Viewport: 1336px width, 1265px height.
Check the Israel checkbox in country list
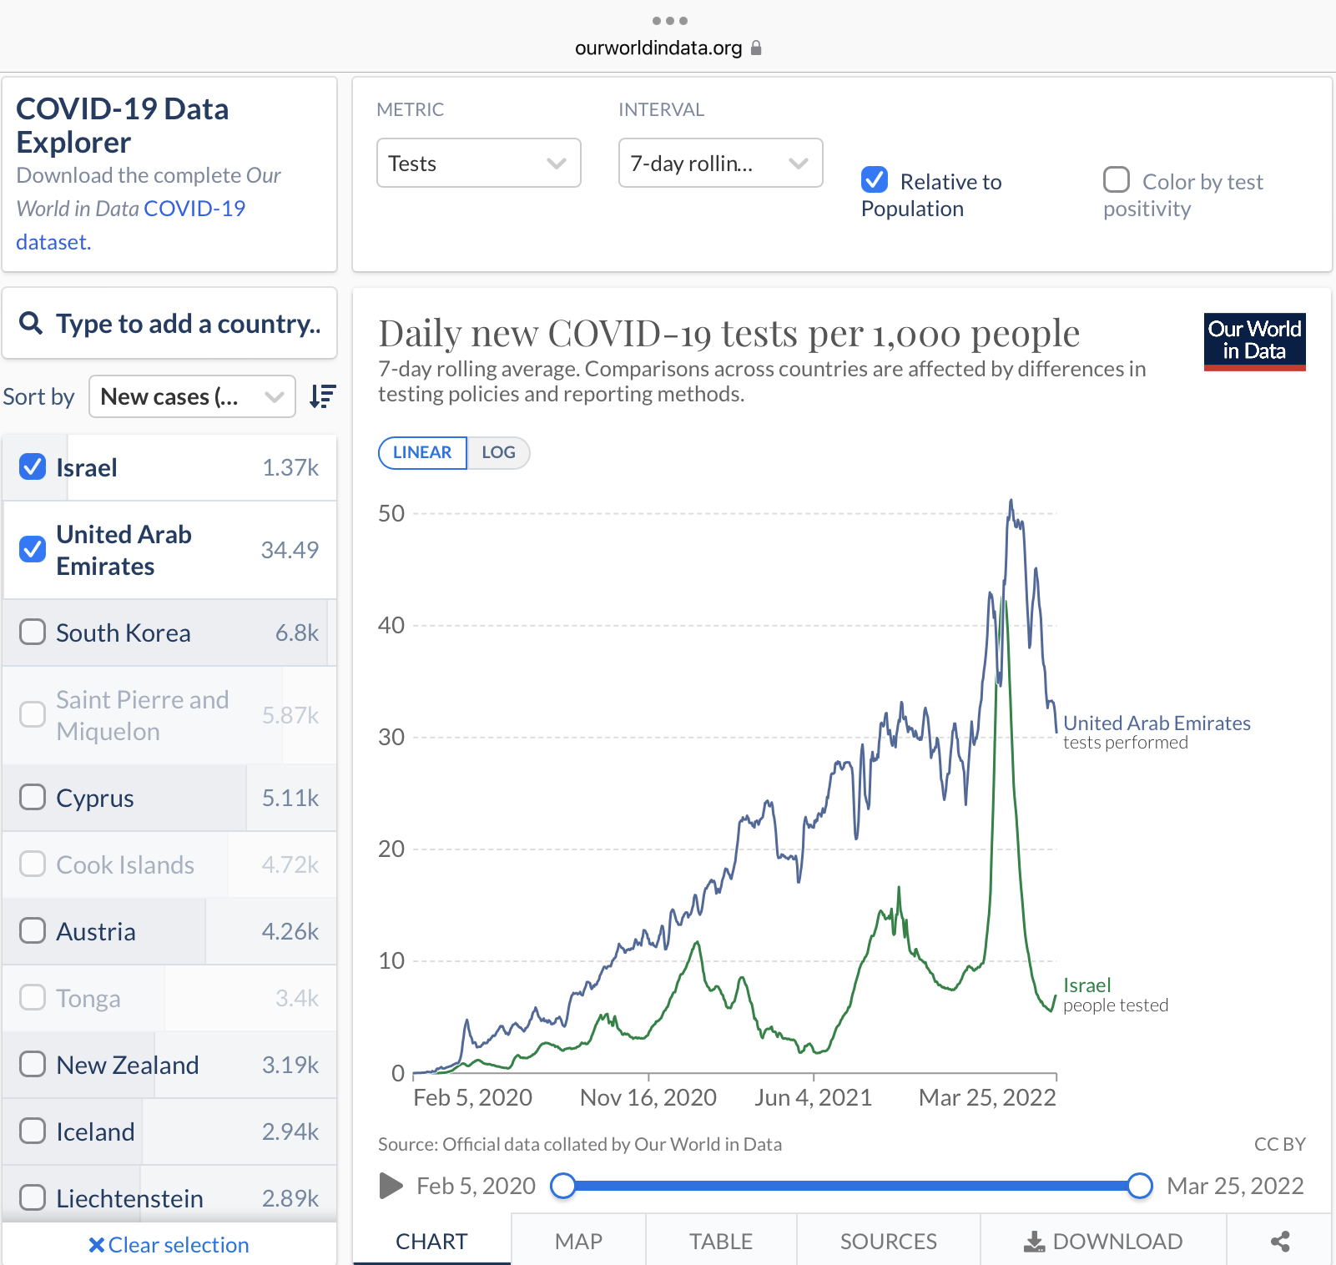pyautogui.click(x=33, y=467)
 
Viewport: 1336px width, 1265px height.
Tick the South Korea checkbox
pyautogui.click(x=33, y=632)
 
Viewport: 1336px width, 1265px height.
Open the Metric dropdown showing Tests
pyautogui.click(x=478, y=164)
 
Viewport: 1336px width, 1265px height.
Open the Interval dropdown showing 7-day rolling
pyautogui.click(x=720, y=164)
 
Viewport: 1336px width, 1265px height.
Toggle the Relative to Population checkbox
pyautogui.click(x=875, y=180)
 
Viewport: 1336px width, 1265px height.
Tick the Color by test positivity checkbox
pyautogui.click(x=1117, y=180)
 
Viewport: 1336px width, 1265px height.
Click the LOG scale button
pyautogui.click(x=498, y=453)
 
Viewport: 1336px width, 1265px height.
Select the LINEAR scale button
pyautogui.click(x=422, y=453)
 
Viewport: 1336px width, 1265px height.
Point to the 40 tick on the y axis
pyautogui.click(x=391, y=626)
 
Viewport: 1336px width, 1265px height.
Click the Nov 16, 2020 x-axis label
pyautogui.click(x=648, y=1098)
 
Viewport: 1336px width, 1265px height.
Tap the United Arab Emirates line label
pyautogui.click(x=1157, y=723)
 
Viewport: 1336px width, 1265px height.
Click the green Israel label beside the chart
pyautogui.click(x=1086, y=985)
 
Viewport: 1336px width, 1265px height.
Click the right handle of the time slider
pyautogui.click(x=1140, y=1186)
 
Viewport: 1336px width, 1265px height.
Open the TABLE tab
pyautogui.click(x=721, y=1242)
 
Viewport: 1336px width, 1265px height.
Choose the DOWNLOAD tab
pyautogui.click(x=1103, y=1242)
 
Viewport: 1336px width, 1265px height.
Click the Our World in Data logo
pyautogui.click(x=1254, y=341)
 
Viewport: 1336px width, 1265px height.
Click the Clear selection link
pyautogui.click(x=169, y=1245)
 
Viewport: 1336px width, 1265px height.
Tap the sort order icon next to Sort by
pyautogui.click(x=322, y=396)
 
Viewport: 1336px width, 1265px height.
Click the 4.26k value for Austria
pyautogui.click(x=290, y=932)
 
